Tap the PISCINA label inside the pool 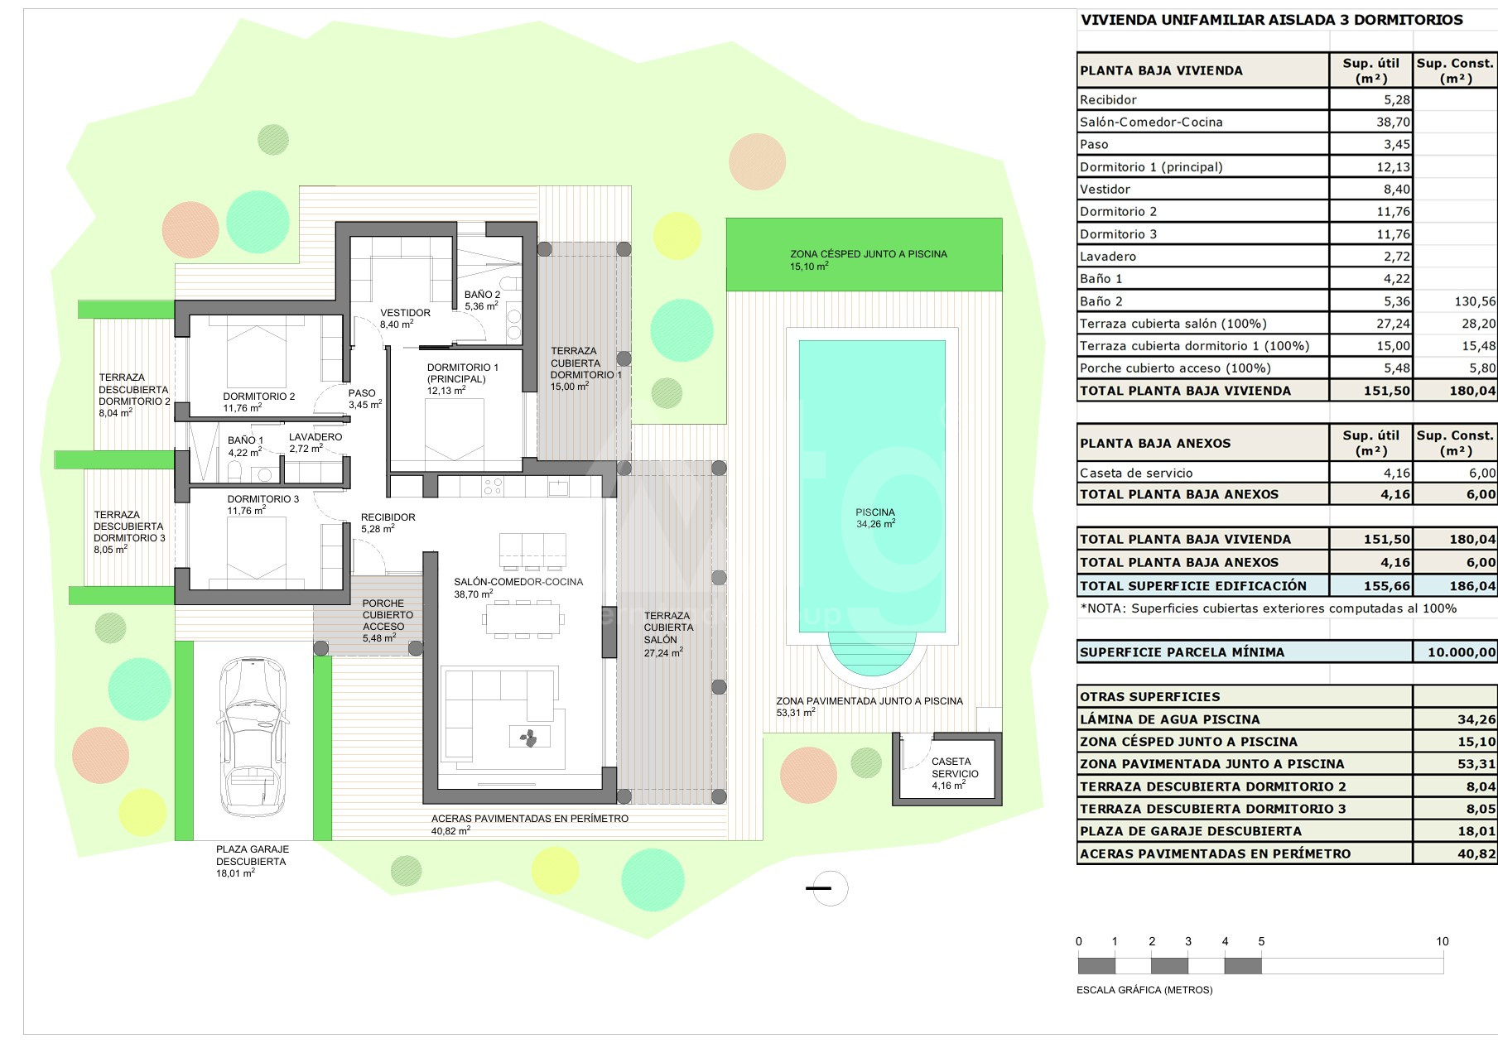[x=875, y=512]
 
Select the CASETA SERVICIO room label [x=955, y=767]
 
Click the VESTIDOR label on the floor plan [x=405, y=313]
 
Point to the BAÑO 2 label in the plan [x=482, y=295]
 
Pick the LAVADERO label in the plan [x=315, y=437]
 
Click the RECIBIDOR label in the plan [x=388, y=517]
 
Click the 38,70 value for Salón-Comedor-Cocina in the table [x=1393, y=122]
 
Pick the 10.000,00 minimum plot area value [x=1462, y=652]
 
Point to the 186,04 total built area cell [x=1472, y=586]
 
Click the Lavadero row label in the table [x=1108, y=257]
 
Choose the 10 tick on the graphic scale [x=1443, y=941]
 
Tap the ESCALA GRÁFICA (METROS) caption [x=1144, y=990]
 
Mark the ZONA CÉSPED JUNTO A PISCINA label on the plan [x=868, y=254]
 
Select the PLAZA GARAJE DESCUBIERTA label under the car [x=252, y=855]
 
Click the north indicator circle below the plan [x=831, y=888]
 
